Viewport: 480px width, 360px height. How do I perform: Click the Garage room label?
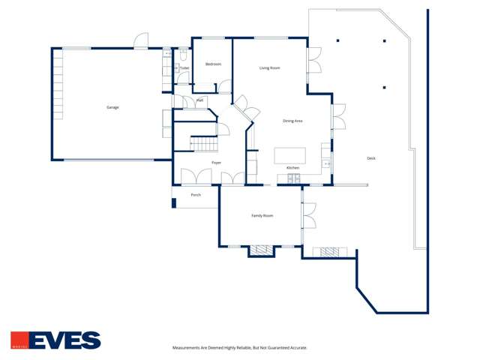(112, 107)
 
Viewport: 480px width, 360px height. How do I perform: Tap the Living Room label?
(270, 68)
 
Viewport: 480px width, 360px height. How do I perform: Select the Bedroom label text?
(213, 64)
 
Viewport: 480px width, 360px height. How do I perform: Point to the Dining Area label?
(292, 121)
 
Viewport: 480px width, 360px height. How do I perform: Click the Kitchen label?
(292, 167)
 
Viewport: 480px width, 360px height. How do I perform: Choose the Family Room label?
(262, 216)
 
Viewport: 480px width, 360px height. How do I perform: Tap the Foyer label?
(216, 162)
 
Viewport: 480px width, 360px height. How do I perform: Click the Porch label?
(196, 195)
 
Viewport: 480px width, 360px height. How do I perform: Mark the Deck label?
(371, 158)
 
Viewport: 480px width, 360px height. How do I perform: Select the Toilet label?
(184, 68)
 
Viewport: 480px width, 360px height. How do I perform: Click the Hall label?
(199, 100)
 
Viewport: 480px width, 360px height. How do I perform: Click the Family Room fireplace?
(261, 250)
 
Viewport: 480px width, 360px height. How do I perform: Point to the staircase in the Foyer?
(202, 143)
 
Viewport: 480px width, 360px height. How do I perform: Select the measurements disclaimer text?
(240, 348)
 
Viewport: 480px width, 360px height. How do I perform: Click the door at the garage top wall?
(141, 42)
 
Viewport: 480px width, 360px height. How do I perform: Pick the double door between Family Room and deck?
(307, 216)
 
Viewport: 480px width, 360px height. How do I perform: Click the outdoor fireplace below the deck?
(330, 252)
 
